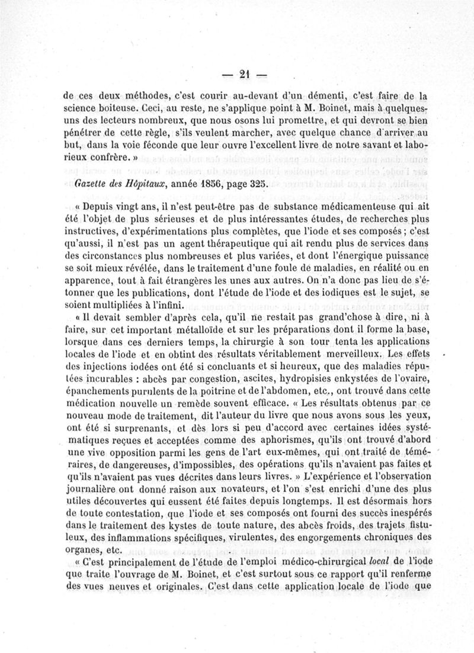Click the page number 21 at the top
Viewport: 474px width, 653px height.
coord(244,75)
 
